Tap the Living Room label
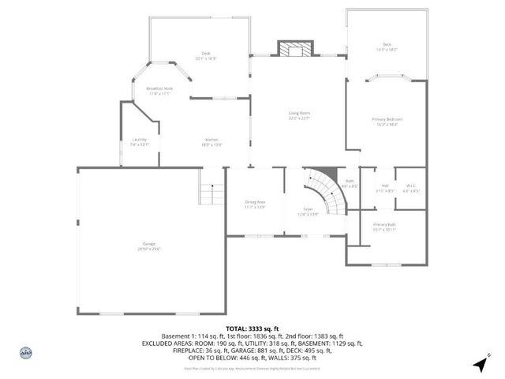[298, 115]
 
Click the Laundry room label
[140, 142]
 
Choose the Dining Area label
[255, 204]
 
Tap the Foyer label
[308, 211]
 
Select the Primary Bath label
[385, 227]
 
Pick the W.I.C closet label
[410, 188]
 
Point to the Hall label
[385, 188]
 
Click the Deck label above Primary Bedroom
[387, 47]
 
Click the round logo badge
[25, 355]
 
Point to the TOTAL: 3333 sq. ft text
[252, 328]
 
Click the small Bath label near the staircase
[350, 183]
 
